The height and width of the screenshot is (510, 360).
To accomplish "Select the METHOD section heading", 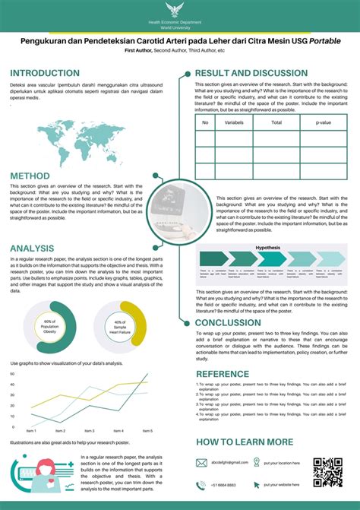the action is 30,176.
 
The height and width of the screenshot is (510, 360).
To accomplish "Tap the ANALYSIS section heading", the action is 33,248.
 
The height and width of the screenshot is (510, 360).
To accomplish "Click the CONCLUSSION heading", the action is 238,322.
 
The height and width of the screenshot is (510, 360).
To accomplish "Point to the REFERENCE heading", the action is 222,374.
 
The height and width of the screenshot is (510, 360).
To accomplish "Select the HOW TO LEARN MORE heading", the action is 244,442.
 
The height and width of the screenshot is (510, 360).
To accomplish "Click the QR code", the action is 327,471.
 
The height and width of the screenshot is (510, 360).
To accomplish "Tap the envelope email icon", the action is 201,462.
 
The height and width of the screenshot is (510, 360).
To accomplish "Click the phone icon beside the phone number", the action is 201,485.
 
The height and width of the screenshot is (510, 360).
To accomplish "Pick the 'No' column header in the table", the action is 204,122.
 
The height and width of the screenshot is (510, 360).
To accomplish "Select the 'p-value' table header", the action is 324,122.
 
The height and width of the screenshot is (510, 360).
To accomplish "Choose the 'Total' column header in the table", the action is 276,122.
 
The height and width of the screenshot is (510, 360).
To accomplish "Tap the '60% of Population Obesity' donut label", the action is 50,328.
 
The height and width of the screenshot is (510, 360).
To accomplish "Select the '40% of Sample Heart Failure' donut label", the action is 120,328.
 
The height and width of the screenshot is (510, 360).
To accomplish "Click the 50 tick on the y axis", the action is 12,374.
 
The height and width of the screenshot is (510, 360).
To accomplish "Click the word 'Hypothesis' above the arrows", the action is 267,248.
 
